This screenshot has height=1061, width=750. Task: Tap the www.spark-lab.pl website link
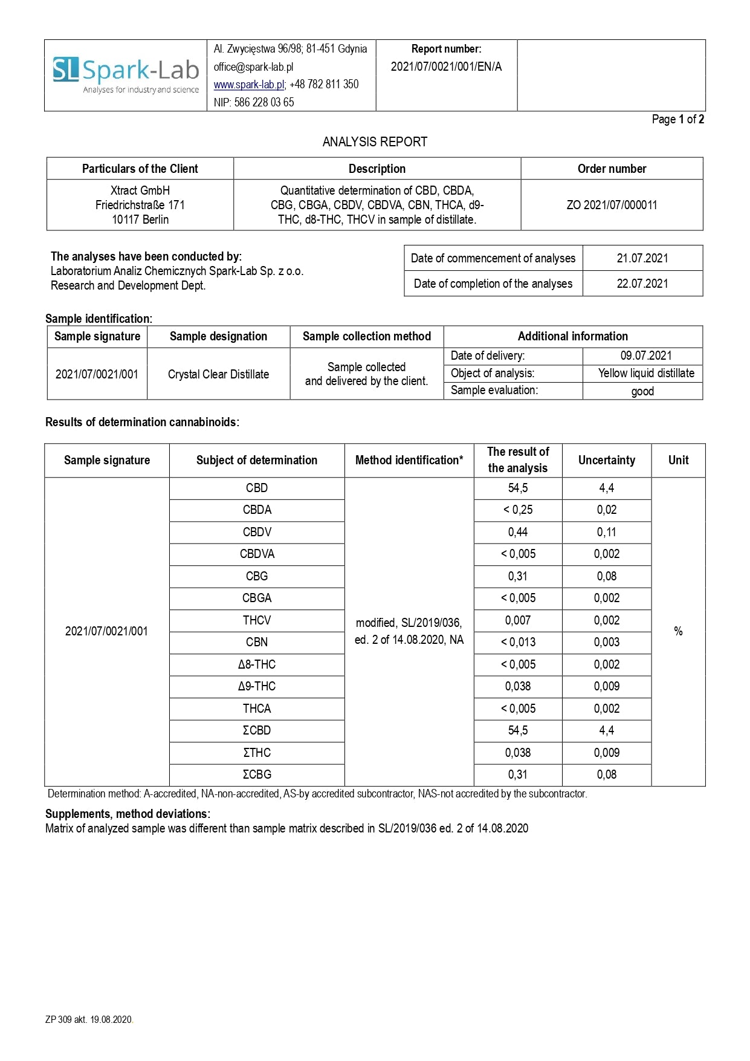pos(249,85)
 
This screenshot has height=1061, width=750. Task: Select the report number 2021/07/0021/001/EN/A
pos(446,67)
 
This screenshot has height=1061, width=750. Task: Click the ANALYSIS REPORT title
pos(375,142)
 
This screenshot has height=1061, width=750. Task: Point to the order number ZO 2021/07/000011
pos(612,205)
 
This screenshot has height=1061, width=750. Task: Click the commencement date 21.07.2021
pos(642,258)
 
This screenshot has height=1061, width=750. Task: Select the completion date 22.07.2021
pos(642,284)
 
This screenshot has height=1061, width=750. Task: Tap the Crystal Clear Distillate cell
pos(218,374)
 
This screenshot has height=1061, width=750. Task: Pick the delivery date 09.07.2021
pos(645,355)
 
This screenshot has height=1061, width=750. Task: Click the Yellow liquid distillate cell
pos(646,373)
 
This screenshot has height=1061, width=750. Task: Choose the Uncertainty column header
pos(607,460)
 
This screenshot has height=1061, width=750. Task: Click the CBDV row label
pos(257,532)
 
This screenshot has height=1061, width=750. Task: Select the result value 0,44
pos(518,532)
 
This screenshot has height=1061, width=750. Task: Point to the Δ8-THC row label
pos(257,664)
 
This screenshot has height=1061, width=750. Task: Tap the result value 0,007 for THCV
pos(518,620)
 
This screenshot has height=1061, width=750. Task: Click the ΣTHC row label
pos(257,753)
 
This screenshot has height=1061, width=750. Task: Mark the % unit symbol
pos(678,631)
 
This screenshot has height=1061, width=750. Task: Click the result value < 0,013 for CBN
pos(518,642)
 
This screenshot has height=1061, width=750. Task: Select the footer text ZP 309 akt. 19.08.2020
pos(89,1020)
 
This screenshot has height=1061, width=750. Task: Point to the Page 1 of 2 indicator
pos(677,119)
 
